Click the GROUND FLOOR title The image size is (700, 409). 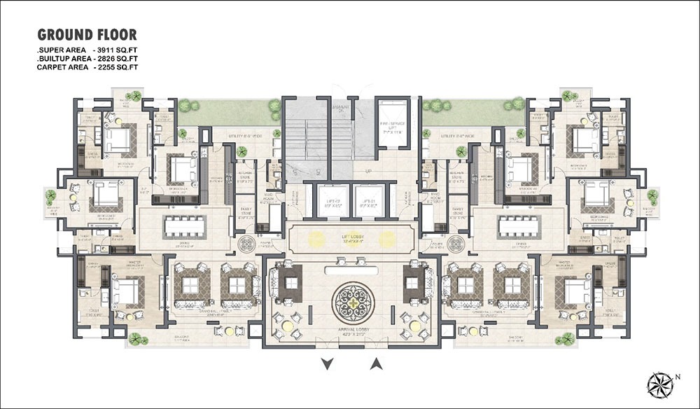[x=87, y=34]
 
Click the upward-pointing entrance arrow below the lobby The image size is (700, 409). [x=376, y=363]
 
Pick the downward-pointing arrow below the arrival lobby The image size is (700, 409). [x=325, y=363]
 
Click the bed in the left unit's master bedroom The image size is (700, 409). [x=127, y=291]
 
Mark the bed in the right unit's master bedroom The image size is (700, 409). [x=575, y=291]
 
